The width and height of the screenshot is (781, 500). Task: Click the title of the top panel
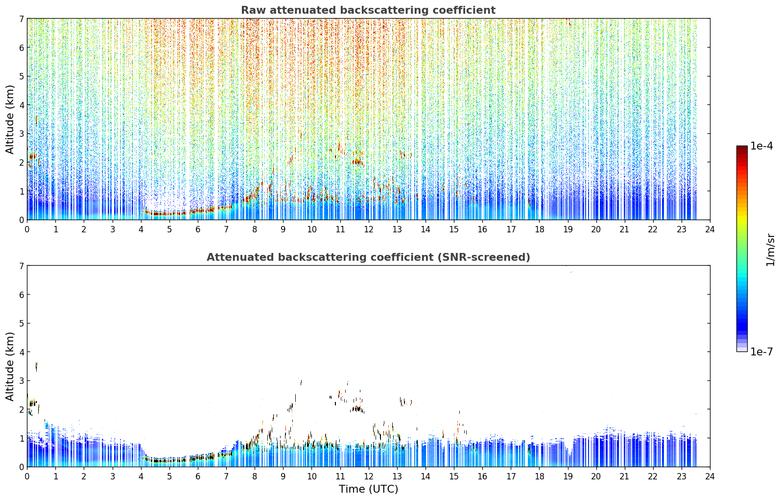(x=368, y=10)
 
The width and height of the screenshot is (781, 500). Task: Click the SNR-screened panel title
(x=368, y=257)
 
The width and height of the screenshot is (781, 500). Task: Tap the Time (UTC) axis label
(x=368, y=489)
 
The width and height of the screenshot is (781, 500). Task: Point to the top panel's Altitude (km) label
(x=10, y=120)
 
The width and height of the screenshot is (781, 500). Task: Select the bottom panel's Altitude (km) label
(x=10, y=367)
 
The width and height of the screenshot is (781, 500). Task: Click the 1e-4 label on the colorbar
(x=761, y=146)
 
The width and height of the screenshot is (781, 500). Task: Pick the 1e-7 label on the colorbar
(x=761, y=352)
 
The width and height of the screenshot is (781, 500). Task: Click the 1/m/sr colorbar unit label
(x=771, y=250)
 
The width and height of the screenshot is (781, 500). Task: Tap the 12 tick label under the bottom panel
(x=369, y=476)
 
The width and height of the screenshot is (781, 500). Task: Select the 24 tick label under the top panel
(x=710, y=229)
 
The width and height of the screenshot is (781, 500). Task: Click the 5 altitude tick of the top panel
(x=22, y=76)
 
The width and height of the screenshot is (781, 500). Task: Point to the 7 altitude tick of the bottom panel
(x=22, y=266)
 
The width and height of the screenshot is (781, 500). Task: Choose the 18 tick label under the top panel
(x=540, y=229)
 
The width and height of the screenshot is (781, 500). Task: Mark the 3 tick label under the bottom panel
(x=113, y=476)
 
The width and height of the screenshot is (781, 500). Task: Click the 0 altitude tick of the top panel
(x=22, y=220)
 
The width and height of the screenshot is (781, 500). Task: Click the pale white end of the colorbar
(x=742, y=350)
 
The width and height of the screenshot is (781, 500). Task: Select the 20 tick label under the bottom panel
(x=596, y=476)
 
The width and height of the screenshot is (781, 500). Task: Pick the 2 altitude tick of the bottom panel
(x=22, y=409)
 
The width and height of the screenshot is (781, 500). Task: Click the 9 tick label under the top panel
(x=283, y=229)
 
